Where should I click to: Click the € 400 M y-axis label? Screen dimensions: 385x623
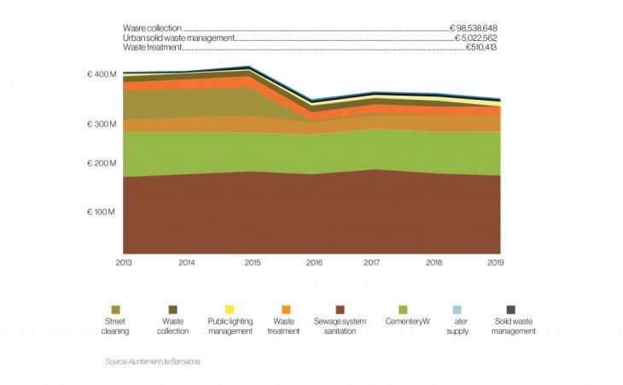[x=102, y=75]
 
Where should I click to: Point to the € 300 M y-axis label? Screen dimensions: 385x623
[x=102, y=125]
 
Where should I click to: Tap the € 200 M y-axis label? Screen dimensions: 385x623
[x=102, y=163]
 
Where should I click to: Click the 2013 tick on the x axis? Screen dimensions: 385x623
[x=124, y=263]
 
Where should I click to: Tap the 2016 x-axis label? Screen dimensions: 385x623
[x=313, y=263]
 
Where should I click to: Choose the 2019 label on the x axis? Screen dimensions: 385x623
[x=494, y=263]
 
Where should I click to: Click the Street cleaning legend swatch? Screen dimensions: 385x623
[x=115, y=309]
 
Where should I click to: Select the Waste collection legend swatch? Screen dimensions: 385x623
[x=173, y=309]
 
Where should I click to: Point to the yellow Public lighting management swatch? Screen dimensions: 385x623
[x=230, y=309]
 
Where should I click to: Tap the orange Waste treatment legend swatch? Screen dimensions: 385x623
[x=285, y=309]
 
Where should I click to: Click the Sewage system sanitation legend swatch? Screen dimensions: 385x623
[x=341, y=309]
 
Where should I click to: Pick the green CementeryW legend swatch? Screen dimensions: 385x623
[x=403, y=309]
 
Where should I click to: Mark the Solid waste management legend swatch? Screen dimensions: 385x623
[x=511, y=309]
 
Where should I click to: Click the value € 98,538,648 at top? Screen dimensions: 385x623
[x=476, y=29]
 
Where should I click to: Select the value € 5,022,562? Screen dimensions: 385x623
[x=476, y=38]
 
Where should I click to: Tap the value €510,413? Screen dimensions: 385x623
[x=481, y=48]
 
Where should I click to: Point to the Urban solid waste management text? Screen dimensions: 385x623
[x=178, y=38]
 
